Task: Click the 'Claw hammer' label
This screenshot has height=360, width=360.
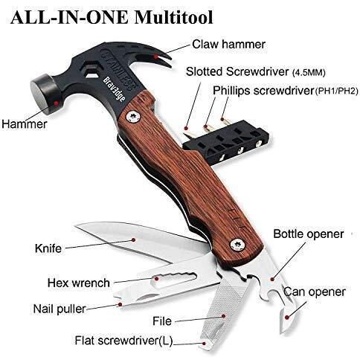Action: [229, 45]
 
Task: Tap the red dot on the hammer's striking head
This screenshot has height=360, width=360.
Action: [57, 103]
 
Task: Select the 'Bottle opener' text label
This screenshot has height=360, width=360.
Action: [309, 234]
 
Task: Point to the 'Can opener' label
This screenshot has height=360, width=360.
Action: [315, 292]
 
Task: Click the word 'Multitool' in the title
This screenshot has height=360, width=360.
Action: [174, 17]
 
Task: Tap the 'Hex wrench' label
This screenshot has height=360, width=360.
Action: [79, 283]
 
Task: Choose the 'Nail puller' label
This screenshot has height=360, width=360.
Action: [60, 309]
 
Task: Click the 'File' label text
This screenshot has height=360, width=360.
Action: [162, 321]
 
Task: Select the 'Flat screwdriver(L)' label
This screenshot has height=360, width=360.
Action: [123, 341]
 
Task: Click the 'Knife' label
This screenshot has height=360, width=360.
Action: [48, 248]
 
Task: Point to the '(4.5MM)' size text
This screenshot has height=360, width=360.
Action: [309, 73]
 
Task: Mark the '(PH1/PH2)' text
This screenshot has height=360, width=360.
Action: [336, 91]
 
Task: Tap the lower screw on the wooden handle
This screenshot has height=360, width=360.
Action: [238, 245]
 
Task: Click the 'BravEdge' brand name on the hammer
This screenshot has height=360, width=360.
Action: [114, 89]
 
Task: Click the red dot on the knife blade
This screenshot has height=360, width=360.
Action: [133, 240]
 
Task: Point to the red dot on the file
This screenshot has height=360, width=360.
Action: [223, 316]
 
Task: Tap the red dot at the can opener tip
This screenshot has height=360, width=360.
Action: [287, 317]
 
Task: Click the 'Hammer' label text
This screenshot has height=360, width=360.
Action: [25, 124]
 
